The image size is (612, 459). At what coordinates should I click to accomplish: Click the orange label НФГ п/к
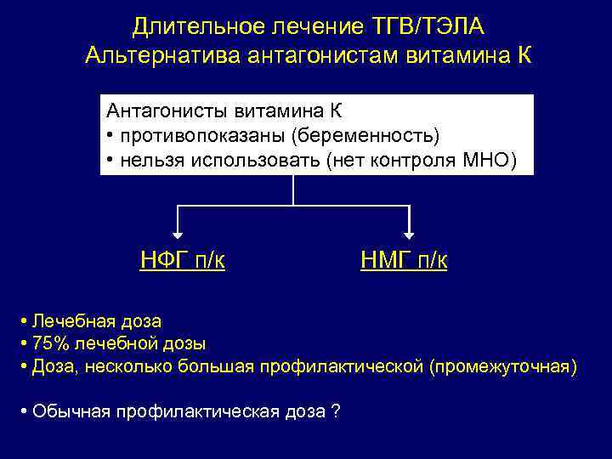182,259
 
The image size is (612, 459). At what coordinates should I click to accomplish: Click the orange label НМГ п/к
404,259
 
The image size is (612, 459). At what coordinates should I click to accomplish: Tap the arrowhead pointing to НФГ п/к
178,232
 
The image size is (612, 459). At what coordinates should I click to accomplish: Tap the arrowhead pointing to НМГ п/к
410,232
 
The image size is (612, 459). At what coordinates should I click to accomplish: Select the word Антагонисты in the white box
157,111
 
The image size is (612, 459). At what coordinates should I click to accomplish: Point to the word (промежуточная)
502,366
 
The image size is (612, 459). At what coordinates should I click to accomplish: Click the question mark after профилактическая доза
336,411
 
